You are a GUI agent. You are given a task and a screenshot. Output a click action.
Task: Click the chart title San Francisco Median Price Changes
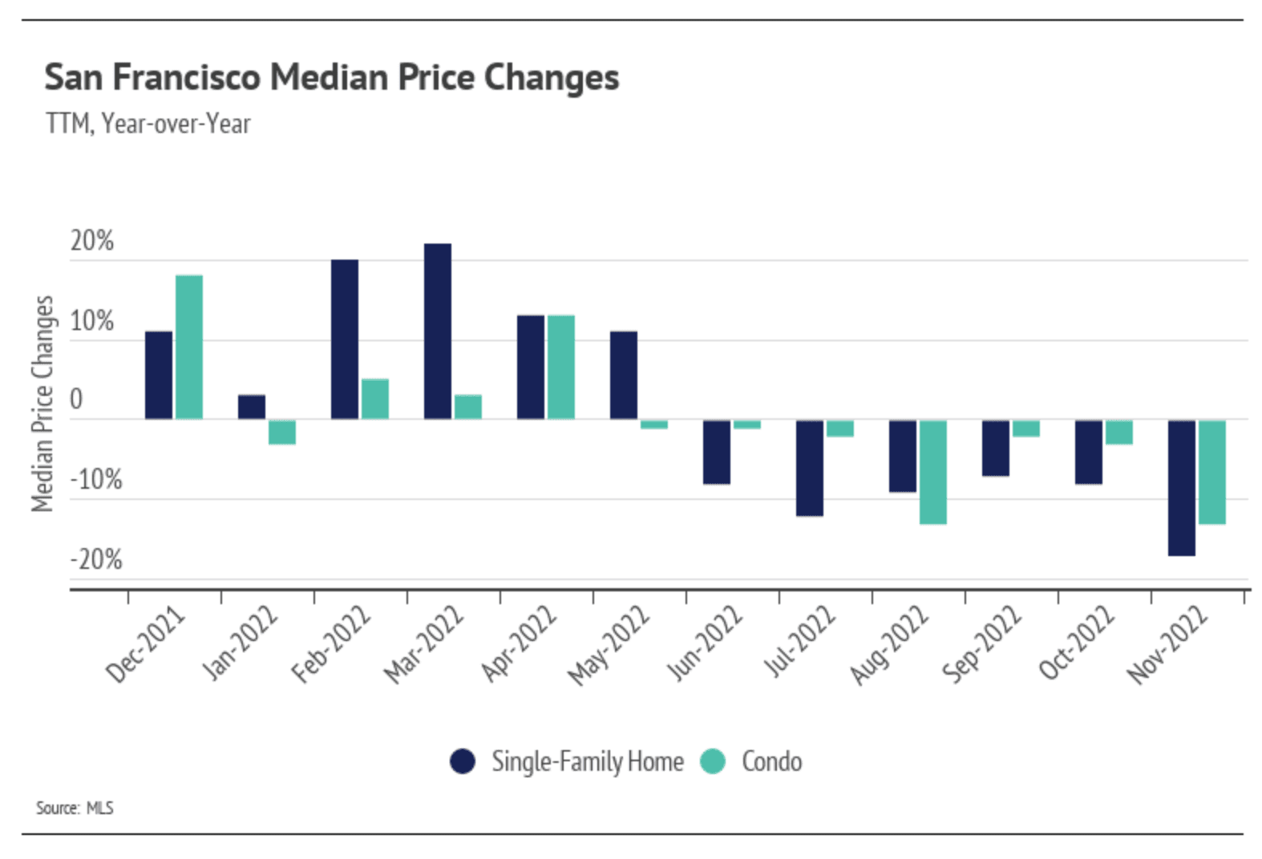331,78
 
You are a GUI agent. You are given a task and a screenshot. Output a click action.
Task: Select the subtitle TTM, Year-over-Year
148,124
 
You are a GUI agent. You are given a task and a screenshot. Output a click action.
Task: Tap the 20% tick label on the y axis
91,240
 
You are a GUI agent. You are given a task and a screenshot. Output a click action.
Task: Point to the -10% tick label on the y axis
96,480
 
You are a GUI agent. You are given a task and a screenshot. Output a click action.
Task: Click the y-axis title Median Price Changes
42,403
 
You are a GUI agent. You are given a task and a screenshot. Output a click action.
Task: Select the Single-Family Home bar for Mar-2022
437,331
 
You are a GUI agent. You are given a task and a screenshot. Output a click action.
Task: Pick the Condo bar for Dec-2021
189,347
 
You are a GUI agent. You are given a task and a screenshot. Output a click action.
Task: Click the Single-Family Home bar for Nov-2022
1181,487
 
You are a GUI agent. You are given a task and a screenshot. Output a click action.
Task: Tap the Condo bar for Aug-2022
932,471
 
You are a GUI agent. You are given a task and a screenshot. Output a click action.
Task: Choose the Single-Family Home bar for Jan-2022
251,407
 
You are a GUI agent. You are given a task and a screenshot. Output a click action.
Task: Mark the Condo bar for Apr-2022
560,367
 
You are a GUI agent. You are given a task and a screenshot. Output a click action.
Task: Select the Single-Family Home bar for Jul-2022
809,467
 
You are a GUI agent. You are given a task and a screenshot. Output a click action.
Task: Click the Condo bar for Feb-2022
374,399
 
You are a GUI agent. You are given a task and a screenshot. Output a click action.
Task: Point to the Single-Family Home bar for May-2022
623,375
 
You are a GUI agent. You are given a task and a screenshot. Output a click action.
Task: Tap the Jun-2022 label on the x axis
706,643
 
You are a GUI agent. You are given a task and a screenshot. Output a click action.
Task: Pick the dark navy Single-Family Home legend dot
463,761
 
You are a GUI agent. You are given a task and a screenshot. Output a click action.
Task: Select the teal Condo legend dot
712,761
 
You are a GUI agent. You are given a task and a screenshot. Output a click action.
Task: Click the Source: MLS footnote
75,808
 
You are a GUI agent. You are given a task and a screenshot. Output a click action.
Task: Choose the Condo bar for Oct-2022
1118,432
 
